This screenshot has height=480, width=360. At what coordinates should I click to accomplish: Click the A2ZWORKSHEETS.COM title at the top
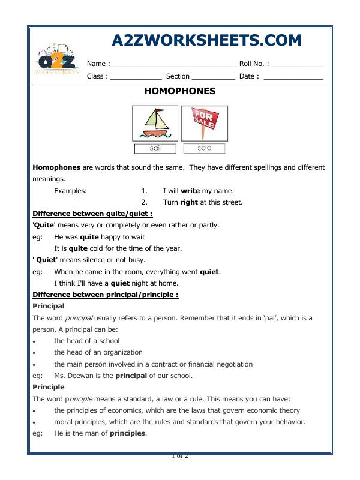(x=207, y=41)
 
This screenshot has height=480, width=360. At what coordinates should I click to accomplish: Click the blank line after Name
(x=173, y=64)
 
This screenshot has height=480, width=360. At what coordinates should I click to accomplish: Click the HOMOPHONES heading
(x=180, y=92)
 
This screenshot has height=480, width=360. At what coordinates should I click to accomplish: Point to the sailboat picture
(x=155, y=124)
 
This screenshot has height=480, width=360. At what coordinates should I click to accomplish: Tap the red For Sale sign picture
(x=204, y=124)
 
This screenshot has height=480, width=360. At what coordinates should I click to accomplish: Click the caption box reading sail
(x=155, y=148)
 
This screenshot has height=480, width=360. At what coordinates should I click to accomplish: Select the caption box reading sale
(x=204, y=148)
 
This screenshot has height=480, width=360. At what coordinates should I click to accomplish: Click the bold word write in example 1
(x=190, y=191)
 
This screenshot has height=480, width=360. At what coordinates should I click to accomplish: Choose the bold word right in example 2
(x=189, y=202)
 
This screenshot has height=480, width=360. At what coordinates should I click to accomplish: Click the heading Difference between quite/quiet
(x=92, y=214)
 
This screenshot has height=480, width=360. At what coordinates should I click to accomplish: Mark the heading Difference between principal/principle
(x=105, y=295)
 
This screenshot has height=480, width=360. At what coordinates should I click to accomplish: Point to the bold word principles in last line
(x=128, y=433)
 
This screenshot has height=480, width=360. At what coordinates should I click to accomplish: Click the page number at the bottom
(x=180, y=457)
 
